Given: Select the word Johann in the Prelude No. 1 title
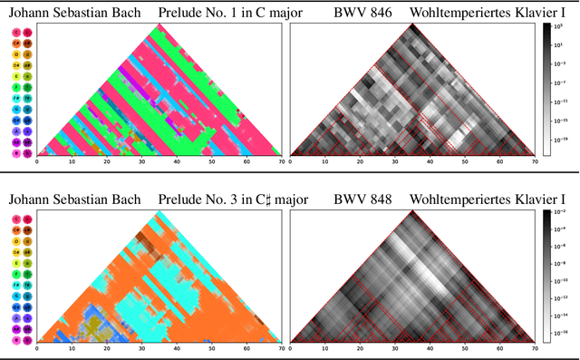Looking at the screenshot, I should (32, 13).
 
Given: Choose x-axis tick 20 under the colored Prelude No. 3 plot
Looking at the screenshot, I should (107, 349).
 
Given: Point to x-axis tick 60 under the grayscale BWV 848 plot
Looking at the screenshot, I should (500, 349).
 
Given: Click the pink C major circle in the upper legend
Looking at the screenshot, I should (17, 32).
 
